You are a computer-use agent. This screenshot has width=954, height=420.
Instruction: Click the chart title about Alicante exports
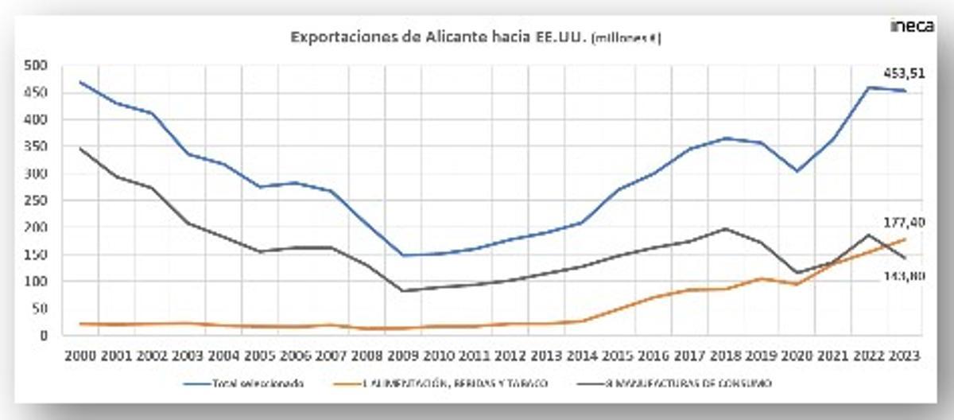click(475, 37)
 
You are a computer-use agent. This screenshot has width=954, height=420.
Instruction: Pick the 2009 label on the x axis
click(403, 357)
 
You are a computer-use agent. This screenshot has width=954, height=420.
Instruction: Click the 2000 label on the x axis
click(81, 357)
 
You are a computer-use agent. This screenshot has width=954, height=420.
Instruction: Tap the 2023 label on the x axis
click(904, 357)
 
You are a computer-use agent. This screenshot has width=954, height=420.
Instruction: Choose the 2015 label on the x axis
click(618, 357)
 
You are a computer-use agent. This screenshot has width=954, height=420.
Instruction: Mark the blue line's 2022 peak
click(869, 87)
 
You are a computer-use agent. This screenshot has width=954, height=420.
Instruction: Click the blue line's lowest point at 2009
click(404, 255)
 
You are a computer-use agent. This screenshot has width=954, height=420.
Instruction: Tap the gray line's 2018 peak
click(726, 229)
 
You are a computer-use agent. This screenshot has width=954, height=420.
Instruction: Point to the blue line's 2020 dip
click(797, 171)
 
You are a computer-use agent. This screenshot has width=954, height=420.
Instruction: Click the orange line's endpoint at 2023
click(905, 239)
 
